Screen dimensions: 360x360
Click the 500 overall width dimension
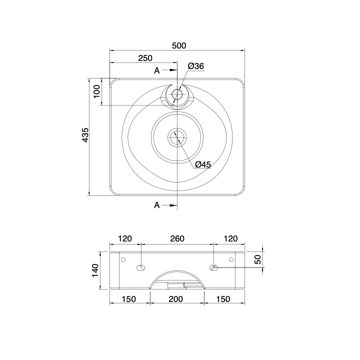click(179, 45)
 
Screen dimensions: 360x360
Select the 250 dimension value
click(145, 58)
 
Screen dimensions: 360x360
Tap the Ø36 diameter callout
click(196, 66)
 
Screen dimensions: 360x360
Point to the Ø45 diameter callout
click(203, 164)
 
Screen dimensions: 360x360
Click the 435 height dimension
click(85, 135)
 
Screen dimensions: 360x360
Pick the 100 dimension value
click(97, 91)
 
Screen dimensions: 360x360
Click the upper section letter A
click(157, 70)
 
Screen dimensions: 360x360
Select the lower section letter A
click(157, 205)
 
